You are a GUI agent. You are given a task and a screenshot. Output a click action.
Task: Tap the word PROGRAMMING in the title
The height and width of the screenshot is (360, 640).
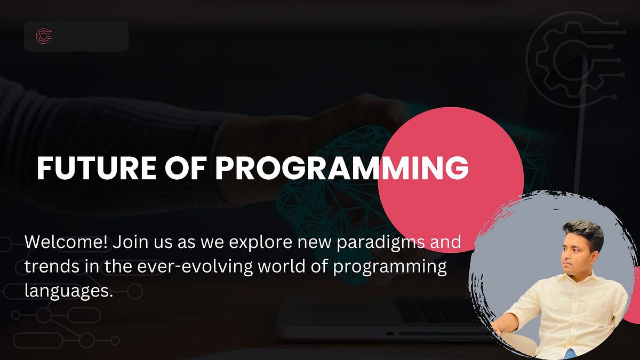click(x=341, y=168)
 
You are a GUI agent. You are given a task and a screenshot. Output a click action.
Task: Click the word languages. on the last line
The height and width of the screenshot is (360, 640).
click(x=69, y=291)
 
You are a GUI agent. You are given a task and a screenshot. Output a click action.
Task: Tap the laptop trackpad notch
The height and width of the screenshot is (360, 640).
click(x=390, y=334)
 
